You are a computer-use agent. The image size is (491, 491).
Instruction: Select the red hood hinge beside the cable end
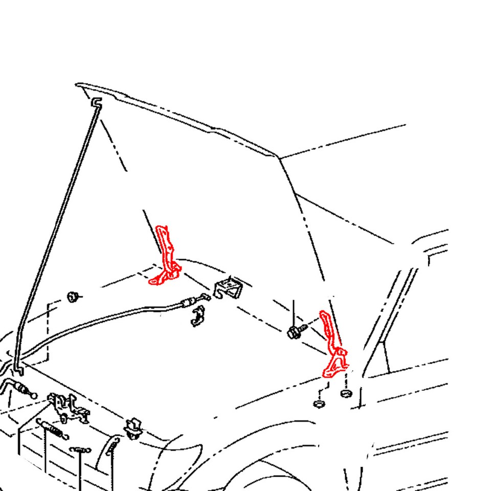166,258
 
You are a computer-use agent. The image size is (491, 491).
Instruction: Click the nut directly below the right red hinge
346,393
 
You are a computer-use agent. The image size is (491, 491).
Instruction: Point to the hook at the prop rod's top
96,102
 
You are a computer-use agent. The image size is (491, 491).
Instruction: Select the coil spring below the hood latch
51,429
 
